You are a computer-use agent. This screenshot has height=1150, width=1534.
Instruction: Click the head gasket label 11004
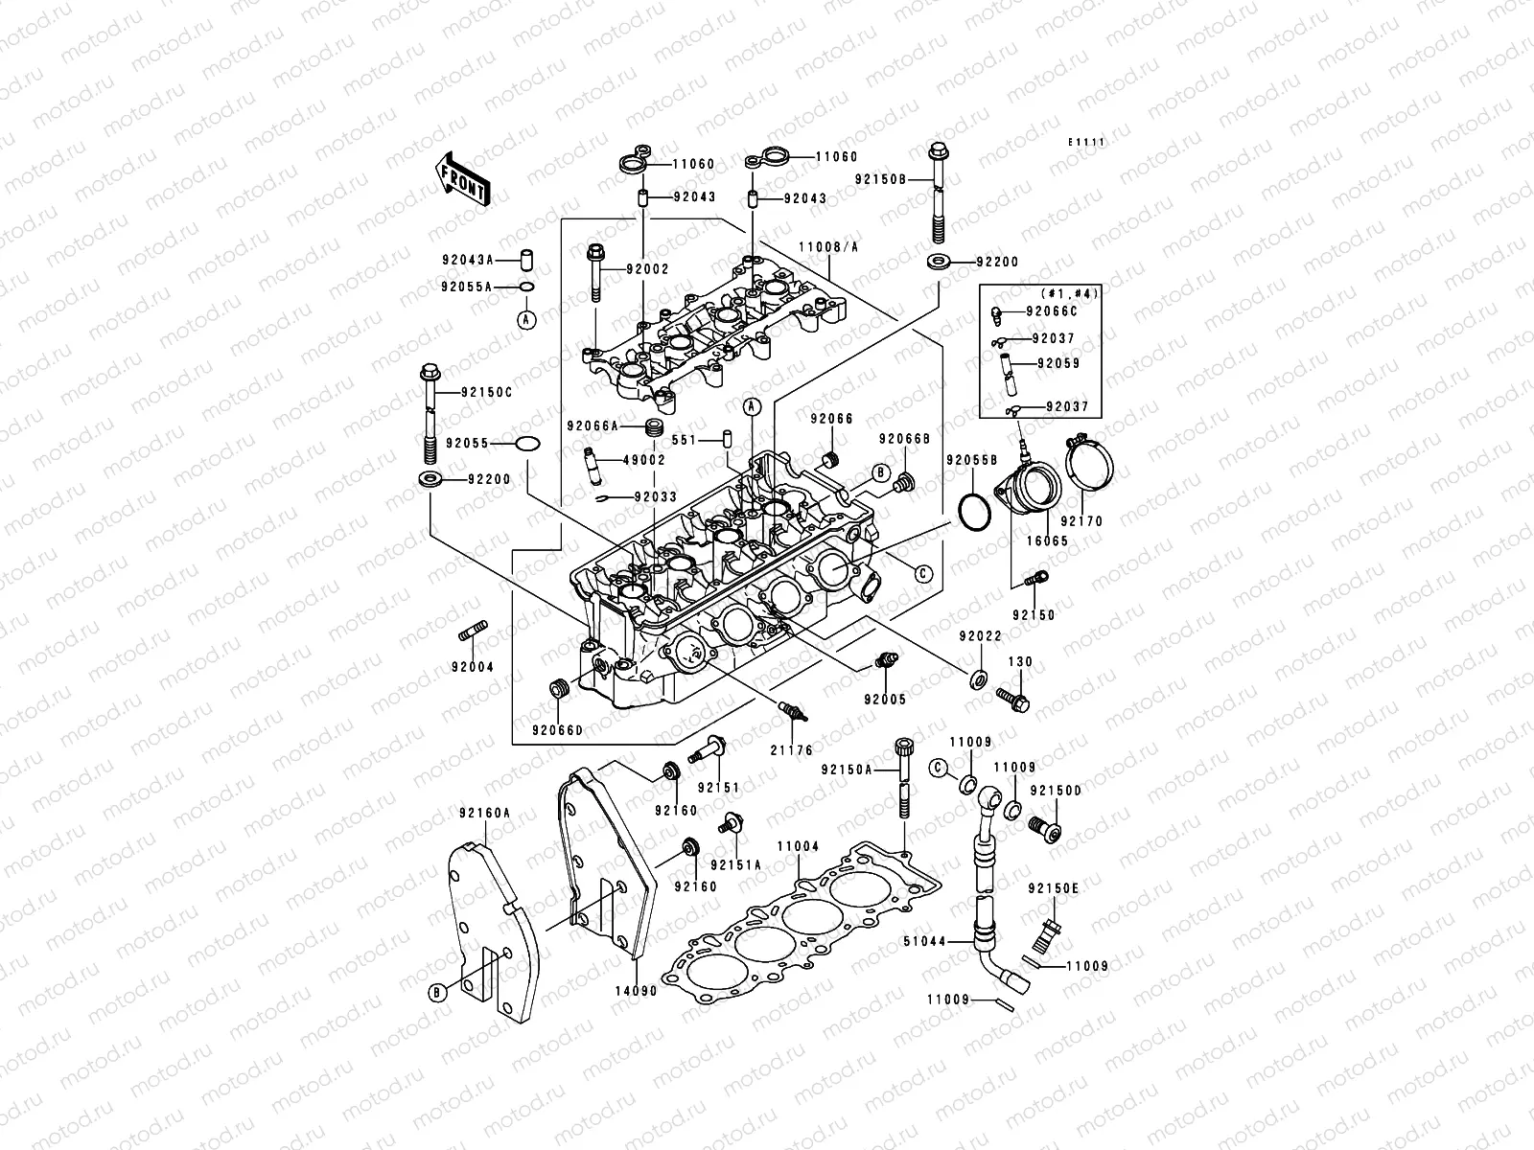[798, 846]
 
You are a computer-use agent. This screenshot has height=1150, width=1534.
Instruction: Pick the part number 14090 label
[635, 991]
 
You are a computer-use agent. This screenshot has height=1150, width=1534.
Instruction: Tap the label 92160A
[484, 813]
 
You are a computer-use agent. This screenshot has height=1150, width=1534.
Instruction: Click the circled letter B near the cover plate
[436, 992]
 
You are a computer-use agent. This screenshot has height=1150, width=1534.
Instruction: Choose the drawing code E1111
[1088, 142]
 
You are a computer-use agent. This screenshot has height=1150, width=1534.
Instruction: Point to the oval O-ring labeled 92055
[527, 444]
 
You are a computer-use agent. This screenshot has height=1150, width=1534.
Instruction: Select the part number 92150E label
[1055, 888]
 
